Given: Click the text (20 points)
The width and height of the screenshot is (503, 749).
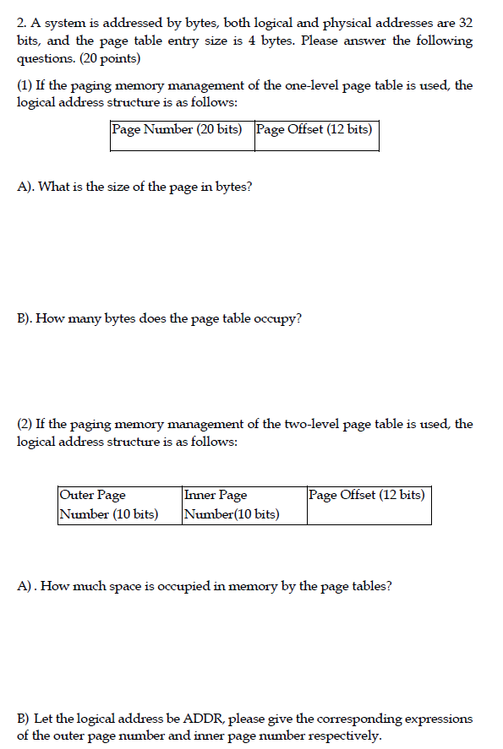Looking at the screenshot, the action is coord(112,58).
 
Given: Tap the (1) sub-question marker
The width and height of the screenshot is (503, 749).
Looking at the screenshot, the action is coord(25,86).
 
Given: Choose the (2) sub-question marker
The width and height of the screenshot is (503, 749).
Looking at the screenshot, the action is coord(25,424).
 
